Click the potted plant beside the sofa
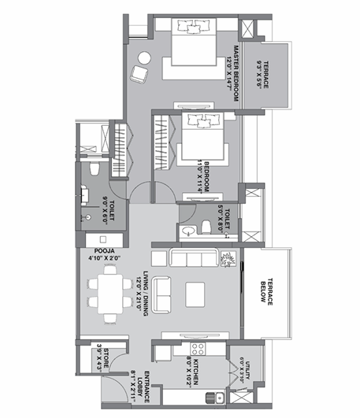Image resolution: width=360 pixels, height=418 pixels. tap(228, 260)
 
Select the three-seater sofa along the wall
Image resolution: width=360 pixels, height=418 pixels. tap(193, 259)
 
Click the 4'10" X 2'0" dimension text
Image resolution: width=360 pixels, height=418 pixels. tap(102, 254)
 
